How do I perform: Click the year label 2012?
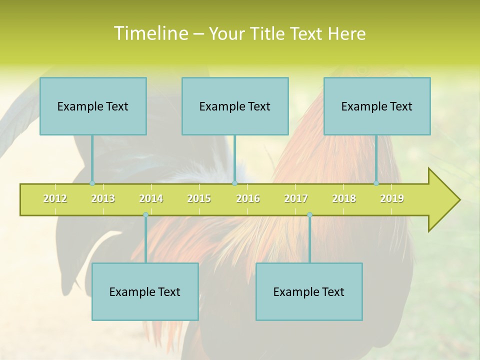point(55,198)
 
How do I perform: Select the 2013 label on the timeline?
point(103,198)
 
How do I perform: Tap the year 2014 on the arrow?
point(151,198)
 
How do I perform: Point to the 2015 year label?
point(199,198)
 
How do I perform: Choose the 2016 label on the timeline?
point(248,198)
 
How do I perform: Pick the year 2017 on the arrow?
point(296,198)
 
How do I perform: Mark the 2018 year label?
point(344,198)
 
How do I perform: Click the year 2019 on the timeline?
point(392,198)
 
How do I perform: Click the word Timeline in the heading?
point(150,33)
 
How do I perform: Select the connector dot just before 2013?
point(92,183)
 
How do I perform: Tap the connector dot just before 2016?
point(234,183)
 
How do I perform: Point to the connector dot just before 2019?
point(376,183)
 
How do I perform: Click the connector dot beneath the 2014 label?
point(145,215)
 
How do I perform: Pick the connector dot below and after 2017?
point(309,215)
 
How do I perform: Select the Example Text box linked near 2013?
point(93,106)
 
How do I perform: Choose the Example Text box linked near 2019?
point(377,106)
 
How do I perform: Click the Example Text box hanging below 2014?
point(145,291)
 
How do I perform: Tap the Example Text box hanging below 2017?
point(309,291)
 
